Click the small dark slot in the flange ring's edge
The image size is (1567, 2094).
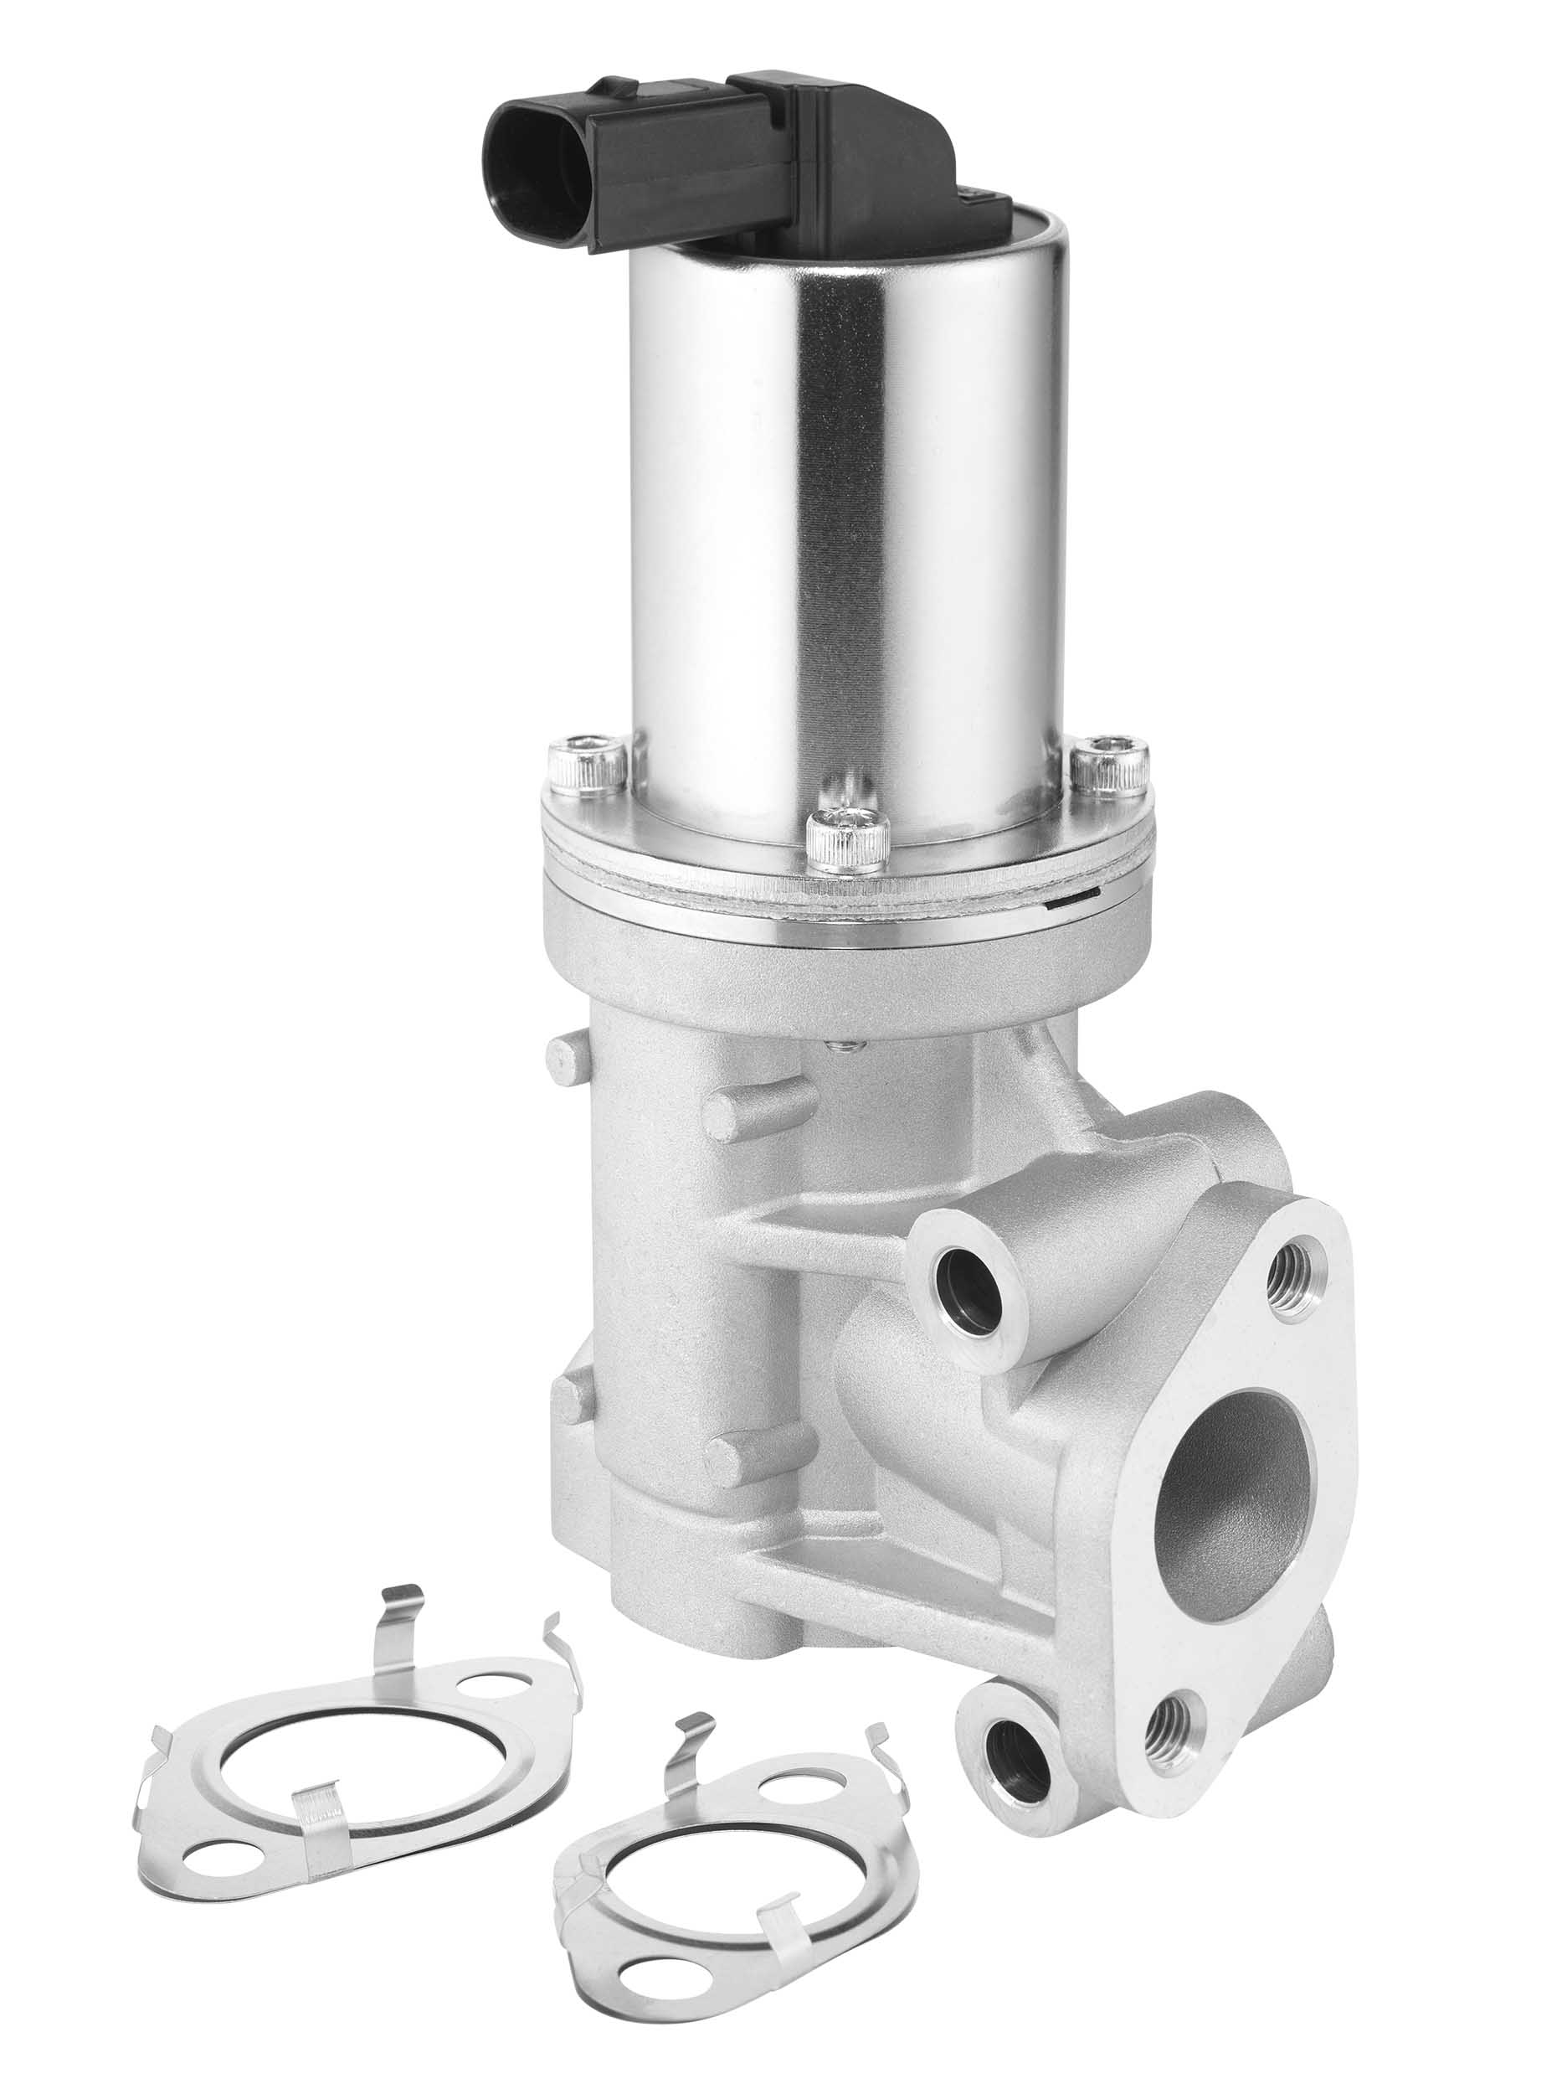1069,896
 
